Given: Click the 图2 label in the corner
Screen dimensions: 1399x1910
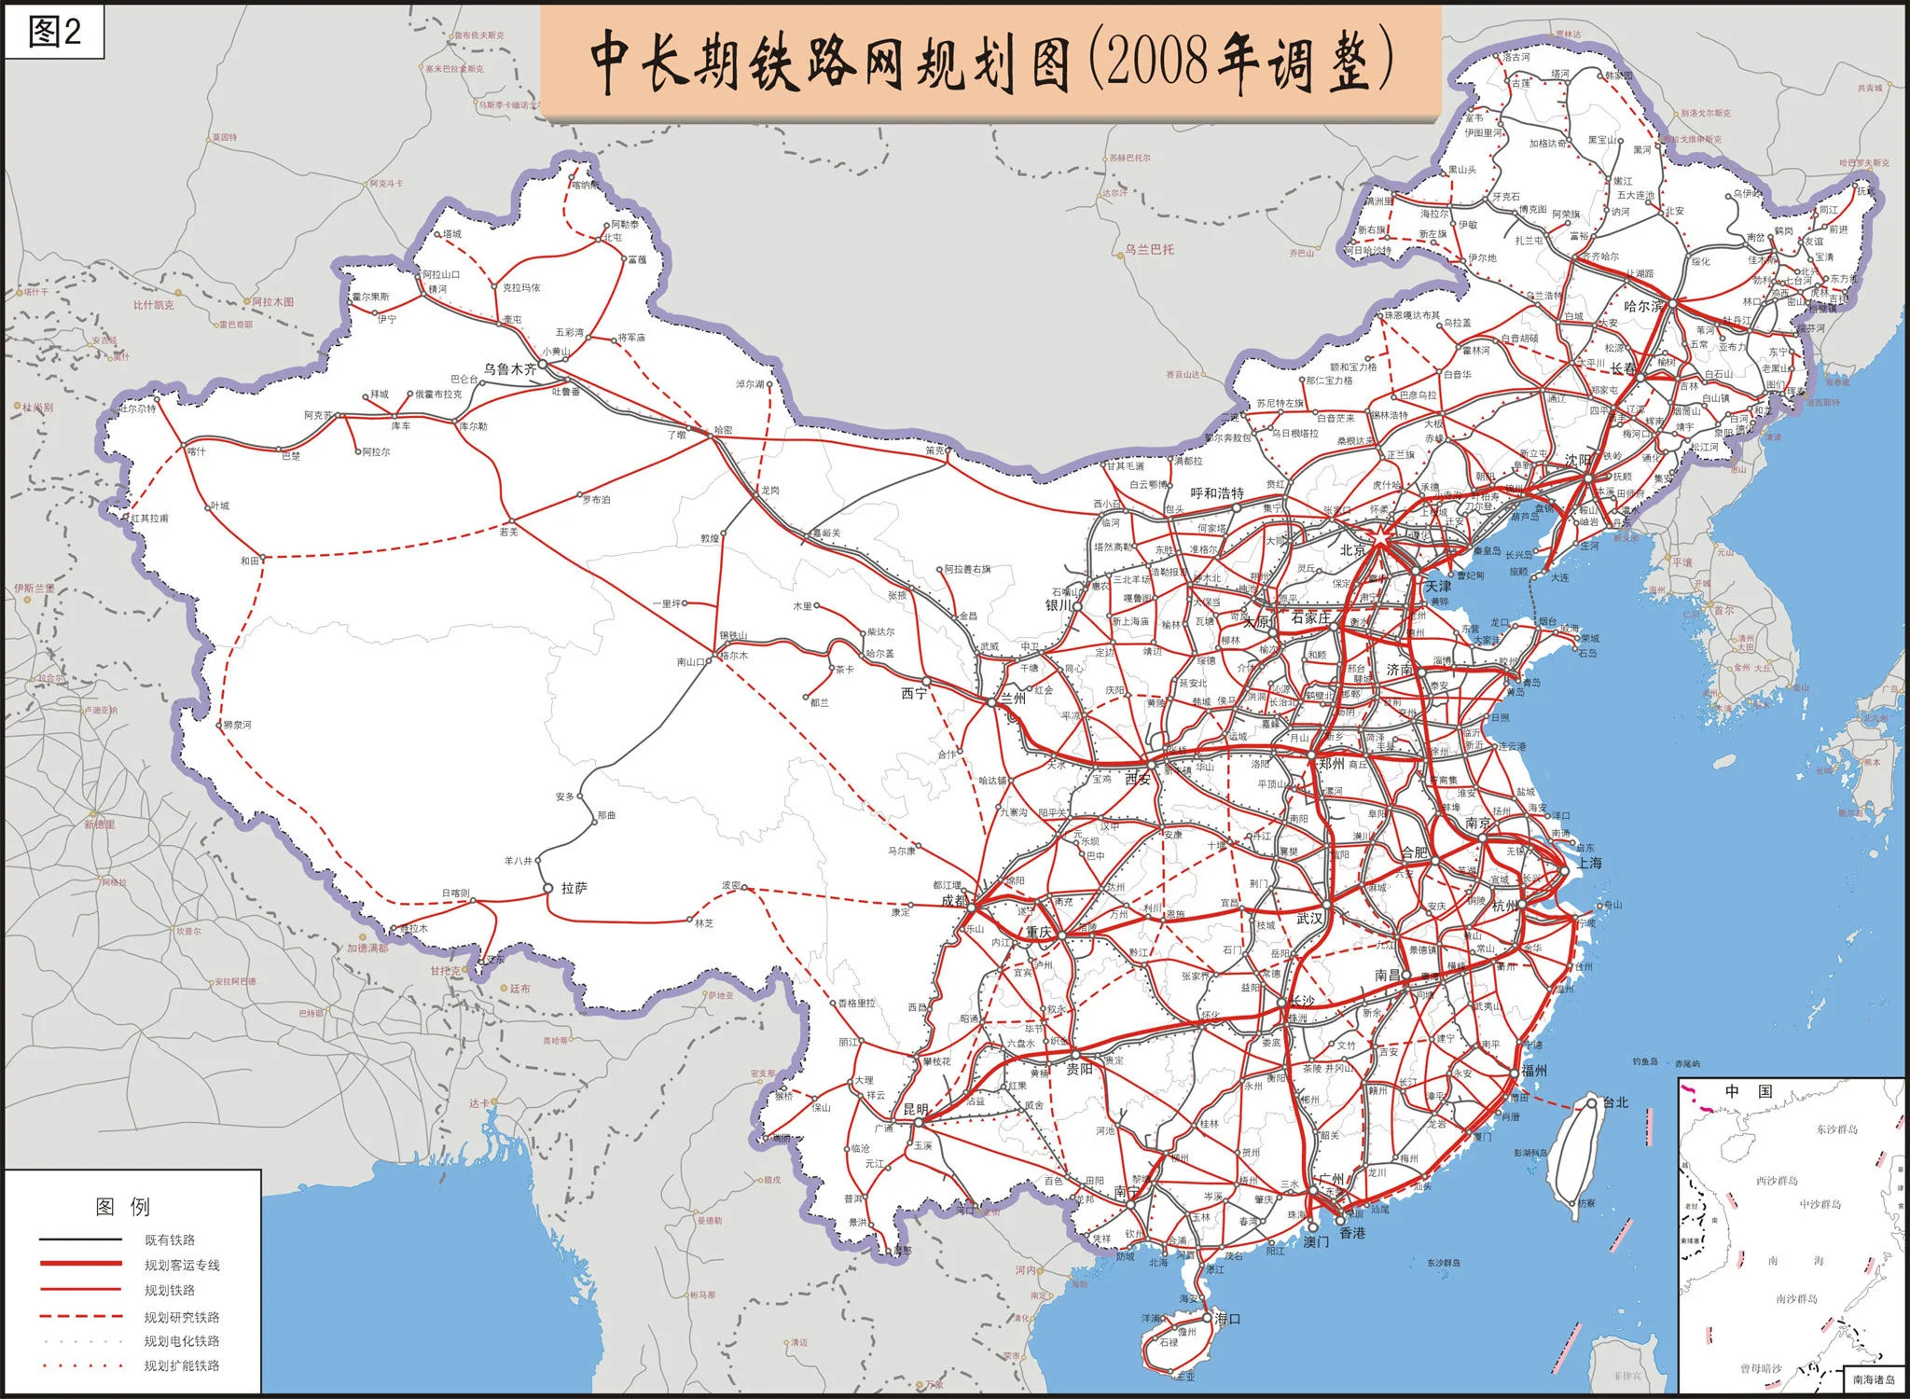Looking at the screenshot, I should coord(54,33).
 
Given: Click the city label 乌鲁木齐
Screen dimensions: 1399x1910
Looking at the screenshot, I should coord(510,368).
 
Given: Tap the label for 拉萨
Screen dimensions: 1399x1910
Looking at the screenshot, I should coord(574,889).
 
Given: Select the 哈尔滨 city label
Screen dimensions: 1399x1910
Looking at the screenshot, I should coord(1643,305).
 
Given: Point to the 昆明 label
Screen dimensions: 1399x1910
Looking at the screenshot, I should coord(915,1110).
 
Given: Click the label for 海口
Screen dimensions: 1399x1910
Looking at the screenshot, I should coord(1227,1319).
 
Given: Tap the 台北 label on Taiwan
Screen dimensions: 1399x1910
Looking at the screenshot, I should coord(1614,1102).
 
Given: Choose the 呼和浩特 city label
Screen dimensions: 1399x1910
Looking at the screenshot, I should coord(1217,492).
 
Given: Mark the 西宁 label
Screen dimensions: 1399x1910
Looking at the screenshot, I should coord(914,693).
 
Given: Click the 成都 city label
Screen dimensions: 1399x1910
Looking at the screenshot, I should coord(953,900).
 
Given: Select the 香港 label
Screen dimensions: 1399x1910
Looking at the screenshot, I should coord(1352,1233).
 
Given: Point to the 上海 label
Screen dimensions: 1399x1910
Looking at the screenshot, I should coord(1588,863).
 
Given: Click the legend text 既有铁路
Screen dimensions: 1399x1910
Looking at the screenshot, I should coord(170,1240).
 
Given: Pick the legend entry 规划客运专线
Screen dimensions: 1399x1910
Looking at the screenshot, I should coord(182,1265).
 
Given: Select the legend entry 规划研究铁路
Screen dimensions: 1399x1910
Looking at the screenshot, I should coord(182,1317).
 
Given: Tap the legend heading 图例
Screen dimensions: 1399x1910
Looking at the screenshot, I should coord(122,1207).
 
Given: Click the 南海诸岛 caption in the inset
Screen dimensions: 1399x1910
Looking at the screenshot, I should coord(1874,1379).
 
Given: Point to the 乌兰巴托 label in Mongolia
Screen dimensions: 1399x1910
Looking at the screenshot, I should coord(1149,250).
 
